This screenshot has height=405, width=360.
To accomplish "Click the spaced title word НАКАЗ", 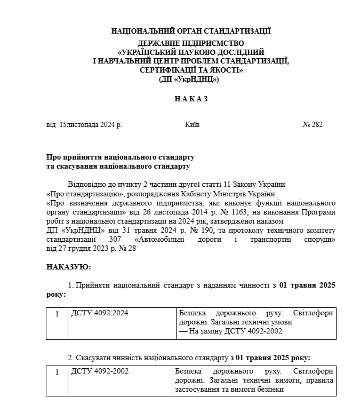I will (x=190, y=99).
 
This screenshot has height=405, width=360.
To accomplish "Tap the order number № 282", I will (x=313, y=124).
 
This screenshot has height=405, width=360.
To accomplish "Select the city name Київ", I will (x=192, y=124).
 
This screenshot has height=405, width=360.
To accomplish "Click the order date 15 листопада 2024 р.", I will (x=91, y=124).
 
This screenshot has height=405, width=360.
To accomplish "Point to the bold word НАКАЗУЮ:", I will (x=69, y=266).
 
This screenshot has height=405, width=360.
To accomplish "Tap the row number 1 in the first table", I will (x=57, y=313).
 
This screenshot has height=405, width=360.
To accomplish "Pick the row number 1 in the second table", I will (x=57, y=371).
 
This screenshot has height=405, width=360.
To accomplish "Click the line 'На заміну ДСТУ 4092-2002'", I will (x=230, y=331).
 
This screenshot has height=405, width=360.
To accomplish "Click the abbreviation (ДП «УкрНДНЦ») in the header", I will (x=190, y=79).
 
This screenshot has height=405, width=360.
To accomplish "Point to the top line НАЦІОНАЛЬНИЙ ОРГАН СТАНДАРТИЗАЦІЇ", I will (x=190, y=31).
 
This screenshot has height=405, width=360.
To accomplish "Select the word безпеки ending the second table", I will (x=270, y=389).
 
